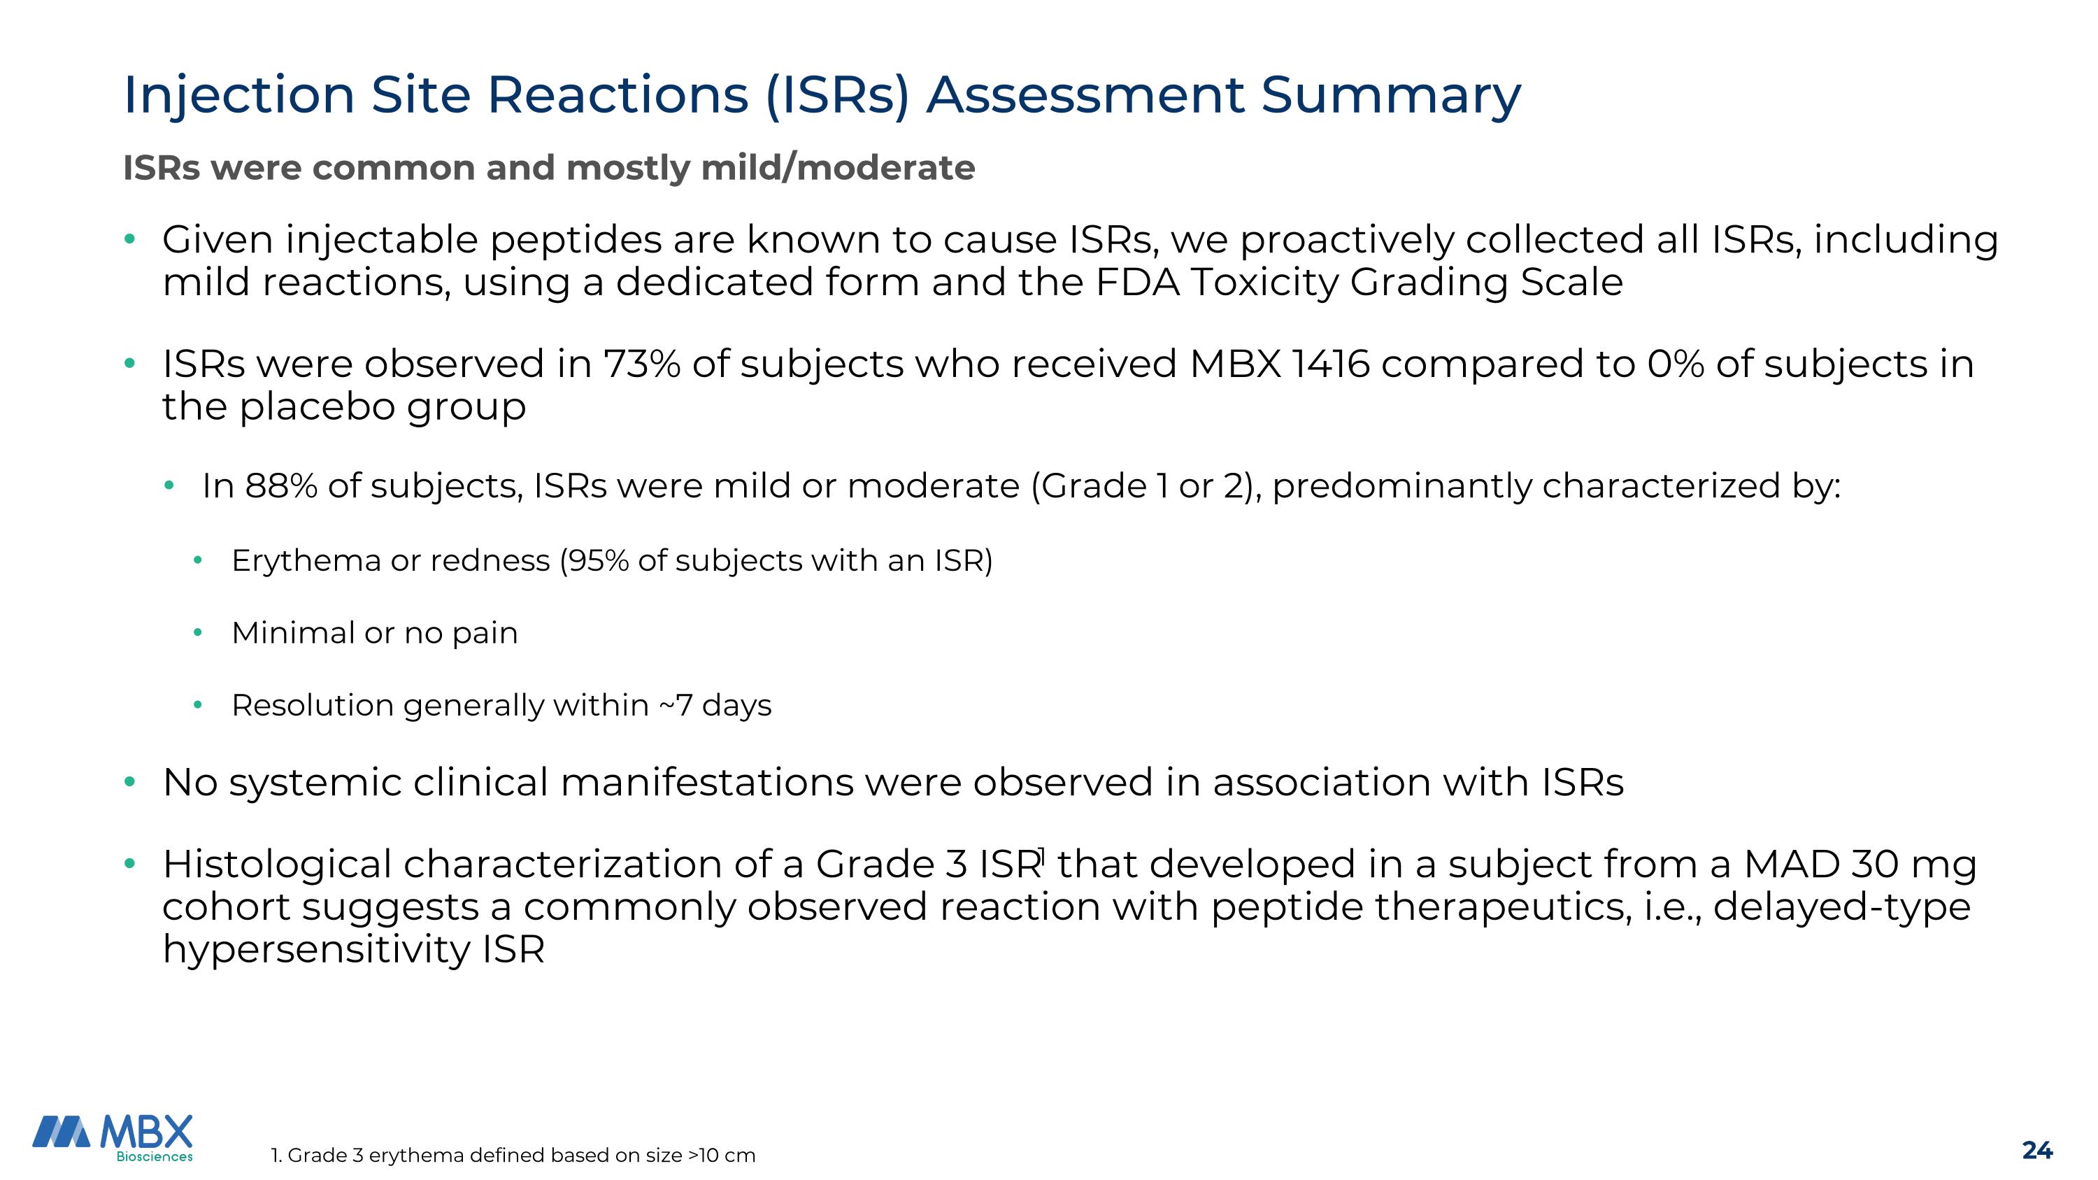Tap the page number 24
(x=2037, y=1150)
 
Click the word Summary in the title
(x=1390, y=95)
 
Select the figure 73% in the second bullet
(x=642, y=364)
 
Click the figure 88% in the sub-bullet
(x=281, y=486)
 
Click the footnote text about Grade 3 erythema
(x=513, y=1155)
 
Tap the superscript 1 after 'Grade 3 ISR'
(x=1041, y=854)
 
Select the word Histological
(x=277, y=864)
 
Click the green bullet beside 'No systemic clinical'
(x=129, y=783)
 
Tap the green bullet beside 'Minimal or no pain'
(x=197, y=633)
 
